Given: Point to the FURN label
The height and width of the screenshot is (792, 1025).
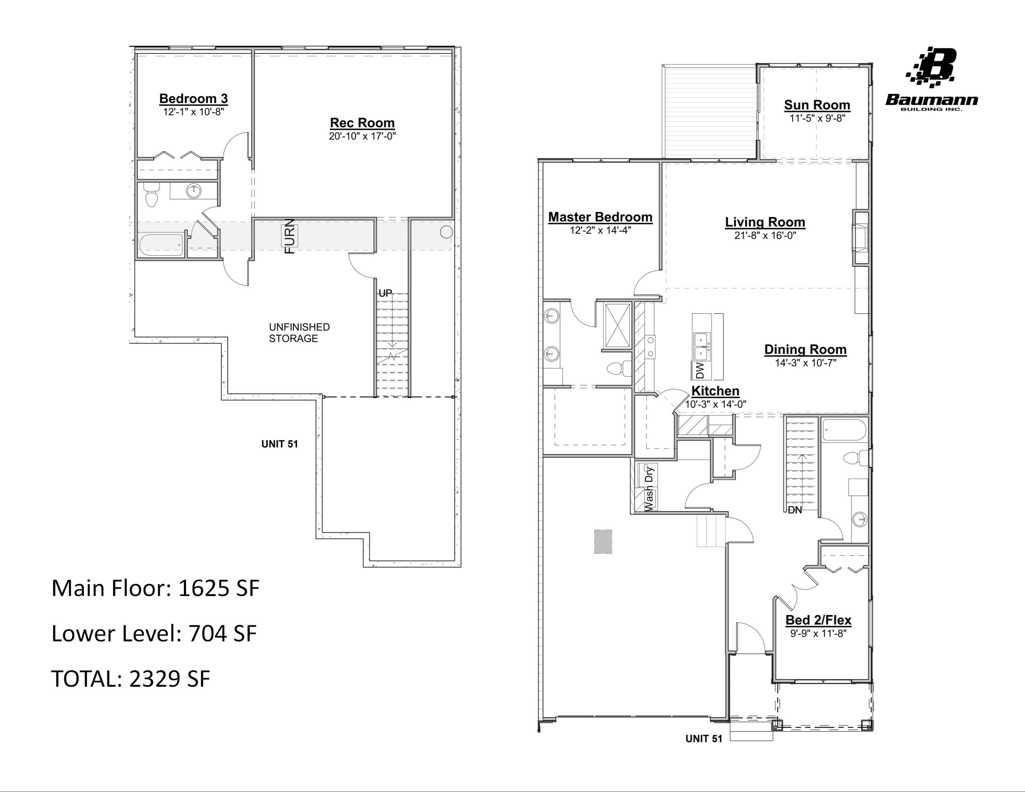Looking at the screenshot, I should pyautogui.click(x=290, y=236).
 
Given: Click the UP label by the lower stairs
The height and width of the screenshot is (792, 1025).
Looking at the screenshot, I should pyautogui.click(x=385, y=293).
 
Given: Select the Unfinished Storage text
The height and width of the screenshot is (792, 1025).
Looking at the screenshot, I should pyautogui.click(x=299, y=333).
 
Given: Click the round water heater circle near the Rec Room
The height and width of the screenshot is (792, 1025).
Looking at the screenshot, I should pyautogui.click(x=446, y=232).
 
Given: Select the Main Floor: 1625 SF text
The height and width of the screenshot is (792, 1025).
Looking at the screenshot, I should pyautogui.click(x=155, y=588).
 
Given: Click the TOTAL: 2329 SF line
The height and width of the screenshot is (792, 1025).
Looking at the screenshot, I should pyautogui.click(x=131, y=679).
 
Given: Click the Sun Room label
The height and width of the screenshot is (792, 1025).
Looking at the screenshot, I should pyautogui.click(x=817, y=105).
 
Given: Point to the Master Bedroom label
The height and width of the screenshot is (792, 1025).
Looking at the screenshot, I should pyautogui.click(x=600, y=217).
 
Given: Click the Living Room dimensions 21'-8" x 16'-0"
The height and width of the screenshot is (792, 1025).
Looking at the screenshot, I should pyautogui.click(x=765, y=235).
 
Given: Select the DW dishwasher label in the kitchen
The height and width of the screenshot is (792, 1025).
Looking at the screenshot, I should pyautogui.click(x=700, y=371).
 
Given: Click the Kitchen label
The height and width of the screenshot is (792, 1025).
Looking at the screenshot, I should pyautogui.click(x=715, y=391).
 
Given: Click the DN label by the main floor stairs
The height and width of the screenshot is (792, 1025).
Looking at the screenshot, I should pyautogui.click(x=795, y=510).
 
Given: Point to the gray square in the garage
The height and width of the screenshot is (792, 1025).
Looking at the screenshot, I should pyautogui.click(x=603, y=542).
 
